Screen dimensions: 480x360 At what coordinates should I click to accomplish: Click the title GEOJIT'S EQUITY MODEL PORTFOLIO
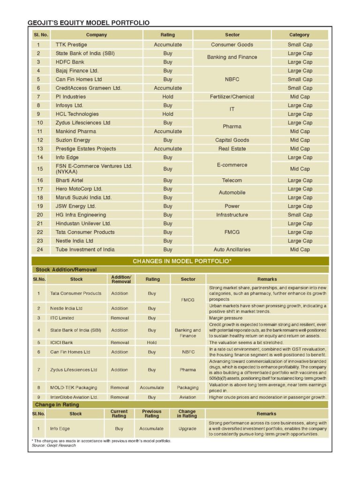[89, 22]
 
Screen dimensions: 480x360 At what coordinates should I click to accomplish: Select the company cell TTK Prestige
[71, 45]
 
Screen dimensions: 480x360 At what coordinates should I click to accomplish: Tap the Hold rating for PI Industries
[167, 97]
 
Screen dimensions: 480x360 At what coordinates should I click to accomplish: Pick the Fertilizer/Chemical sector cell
[232, 97]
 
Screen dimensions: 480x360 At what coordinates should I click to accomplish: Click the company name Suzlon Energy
[73, 140]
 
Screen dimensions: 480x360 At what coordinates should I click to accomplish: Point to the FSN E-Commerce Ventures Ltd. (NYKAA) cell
[94, 169]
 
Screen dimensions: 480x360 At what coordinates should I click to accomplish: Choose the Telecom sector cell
[232, 180]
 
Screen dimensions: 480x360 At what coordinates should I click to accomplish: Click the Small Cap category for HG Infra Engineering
[300, 215]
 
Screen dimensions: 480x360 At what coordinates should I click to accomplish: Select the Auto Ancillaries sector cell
[232, 250]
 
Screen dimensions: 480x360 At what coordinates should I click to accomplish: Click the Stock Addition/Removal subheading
[66, 270]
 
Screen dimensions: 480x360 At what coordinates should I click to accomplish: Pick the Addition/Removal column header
[121, 279]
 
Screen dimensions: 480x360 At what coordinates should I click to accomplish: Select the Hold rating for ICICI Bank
[152, 343]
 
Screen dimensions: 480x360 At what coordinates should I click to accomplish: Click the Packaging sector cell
[188, 388]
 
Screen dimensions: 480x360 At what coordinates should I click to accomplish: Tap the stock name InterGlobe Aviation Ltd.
[74, 397]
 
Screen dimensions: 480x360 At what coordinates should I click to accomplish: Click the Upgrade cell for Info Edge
[187, 428]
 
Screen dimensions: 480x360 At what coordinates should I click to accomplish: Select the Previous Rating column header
[151, 413]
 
